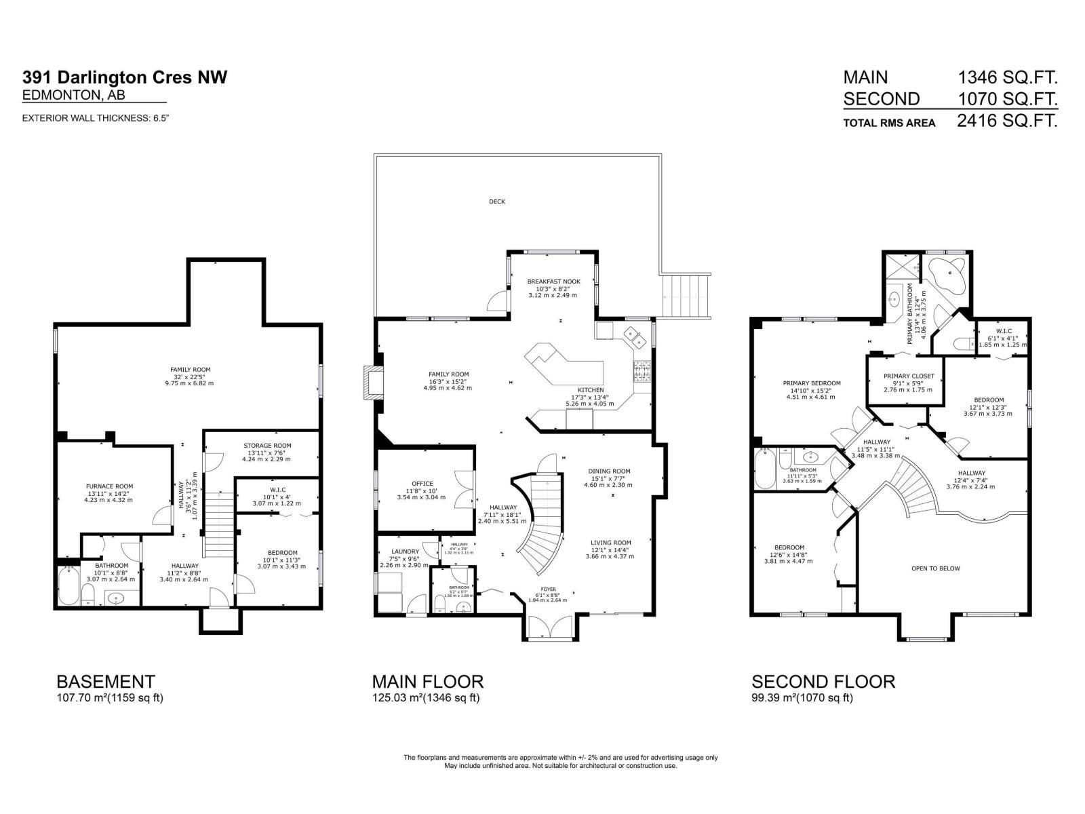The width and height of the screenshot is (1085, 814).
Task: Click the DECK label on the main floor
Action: [497, 201]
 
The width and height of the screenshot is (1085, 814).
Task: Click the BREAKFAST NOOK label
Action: [553, 281]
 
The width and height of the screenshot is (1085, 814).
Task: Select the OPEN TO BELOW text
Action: [935, 568]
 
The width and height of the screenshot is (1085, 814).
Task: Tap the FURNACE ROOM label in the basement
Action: [109, 486]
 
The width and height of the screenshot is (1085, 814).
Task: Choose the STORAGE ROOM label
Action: [267, 446]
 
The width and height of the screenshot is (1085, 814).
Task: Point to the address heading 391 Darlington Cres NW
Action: [125, 77]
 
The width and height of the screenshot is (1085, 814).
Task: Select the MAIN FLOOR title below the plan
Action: [427, 681]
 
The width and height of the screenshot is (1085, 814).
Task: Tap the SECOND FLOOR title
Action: [823, 681]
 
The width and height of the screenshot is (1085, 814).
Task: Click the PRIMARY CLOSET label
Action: [909, 376]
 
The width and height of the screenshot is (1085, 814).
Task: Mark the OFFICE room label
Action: [422, 484]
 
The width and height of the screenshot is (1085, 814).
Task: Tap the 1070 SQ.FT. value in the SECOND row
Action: [1007, 100]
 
